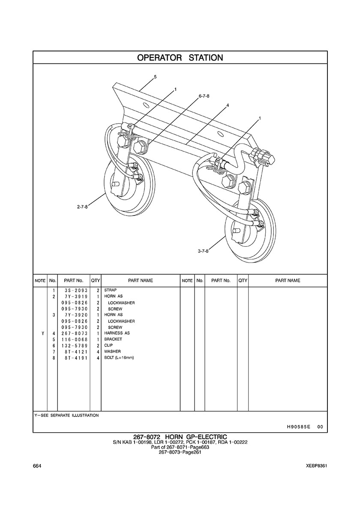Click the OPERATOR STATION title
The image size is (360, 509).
click(180, 58)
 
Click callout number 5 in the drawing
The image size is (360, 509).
click(155, 77)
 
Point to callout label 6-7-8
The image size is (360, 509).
click(204, 96)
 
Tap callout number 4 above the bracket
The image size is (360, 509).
click(228, 105)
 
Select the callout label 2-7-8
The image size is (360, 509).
click(82, 207)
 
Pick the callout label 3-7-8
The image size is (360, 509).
click(203, 251)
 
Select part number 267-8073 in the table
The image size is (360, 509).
click(74, 333)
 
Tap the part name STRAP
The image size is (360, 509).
click(111, 290)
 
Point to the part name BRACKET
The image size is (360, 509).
click(113, 339)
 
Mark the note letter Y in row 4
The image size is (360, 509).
click(43, 333)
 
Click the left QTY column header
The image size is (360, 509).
click(96, 281)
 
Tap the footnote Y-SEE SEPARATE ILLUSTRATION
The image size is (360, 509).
click(66, 415)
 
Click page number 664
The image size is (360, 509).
click(37, 466)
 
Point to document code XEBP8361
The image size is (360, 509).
click(316, 466)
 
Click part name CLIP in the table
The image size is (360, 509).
click(108, 345)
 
